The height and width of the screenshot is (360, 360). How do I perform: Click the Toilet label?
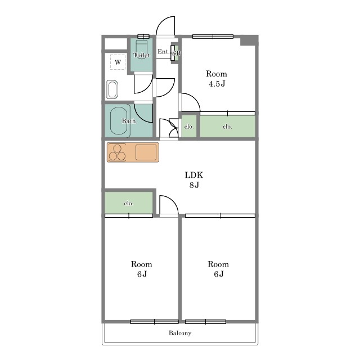pyautogui.click(x=141, y=55)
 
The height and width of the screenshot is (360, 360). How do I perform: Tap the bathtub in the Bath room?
pyautogui.click(x=119, y=121)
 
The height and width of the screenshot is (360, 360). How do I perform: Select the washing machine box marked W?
pyautogui.click(x=118, y=62)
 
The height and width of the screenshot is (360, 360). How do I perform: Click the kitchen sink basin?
pyautogui.click(x=146, y=152)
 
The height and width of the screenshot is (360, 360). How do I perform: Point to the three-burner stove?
pyautogui.click(x=117, y=152)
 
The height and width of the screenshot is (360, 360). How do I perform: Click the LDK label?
pyautogui.click(x=193, y=175)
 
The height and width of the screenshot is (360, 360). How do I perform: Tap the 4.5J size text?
pyautogui.click(x=217, y=84)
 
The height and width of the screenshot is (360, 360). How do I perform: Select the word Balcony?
pyautogui.click(x=180, y=333)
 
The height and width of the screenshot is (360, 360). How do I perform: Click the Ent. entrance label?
pyautogui.click(x=163, y=51)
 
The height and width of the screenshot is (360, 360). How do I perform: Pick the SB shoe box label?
pyautogui.click(x=177, y=53)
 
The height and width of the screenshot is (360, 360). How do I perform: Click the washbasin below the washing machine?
pyautogui.click(x=112, y=89)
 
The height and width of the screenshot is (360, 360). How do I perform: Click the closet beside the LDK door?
pyautogui.click(x=129, y=203)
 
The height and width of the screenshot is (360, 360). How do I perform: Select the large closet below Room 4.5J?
pyautogui.click(x=227, y=126)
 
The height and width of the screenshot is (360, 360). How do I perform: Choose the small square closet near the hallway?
pyautogui.click(x=189, y=126)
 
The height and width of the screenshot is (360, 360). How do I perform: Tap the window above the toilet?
pyautogui.click(x=143, y=37)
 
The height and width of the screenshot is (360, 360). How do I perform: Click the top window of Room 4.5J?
pyautogui.click(x=213, y=37)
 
